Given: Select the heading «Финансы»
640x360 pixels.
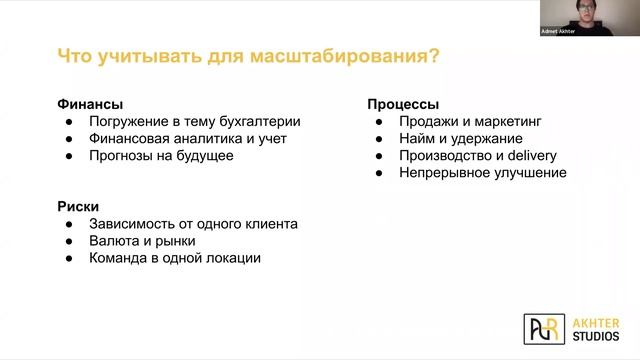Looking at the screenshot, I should tap(90, 104).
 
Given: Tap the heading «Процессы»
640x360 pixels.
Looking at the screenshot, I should tap(403, 104).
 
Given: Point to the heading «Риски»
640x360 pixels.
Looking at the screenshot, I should tap(78, 206).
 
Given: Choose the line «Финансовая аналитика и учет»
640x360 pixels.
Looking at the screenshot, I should tap(187, 139).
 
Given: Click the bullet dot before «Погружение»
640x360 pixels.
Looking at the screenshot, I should tap(68, 122).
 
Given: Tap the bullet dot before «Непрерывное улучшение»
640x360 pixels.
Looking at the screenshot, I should tap(379, 173).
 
